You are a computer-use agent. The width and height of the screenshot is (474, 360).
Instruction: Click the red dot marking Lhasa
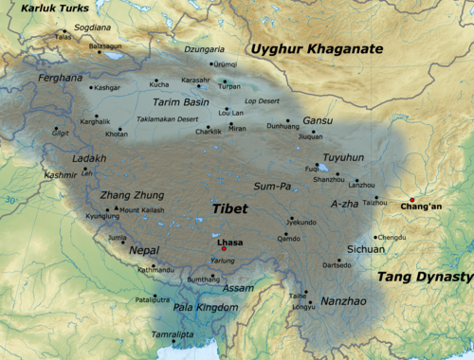(x=224, y=248)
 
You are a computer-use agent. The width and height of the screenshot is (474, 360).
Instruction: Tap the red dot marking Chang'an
(x=412, y=199)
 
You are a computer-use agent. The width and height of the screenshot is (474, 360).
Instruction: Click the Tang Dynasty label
(x=424, y=277)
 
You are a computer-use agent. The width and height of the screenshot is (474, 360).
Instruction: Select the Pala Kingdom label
(x=206, y=308)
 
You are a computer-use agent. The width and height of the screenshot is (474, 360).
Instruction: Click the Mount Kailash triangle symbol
(x=116, y=208)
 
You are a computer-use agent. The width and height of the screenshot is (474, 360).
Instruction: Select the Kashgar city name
(x=107, y=87)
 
